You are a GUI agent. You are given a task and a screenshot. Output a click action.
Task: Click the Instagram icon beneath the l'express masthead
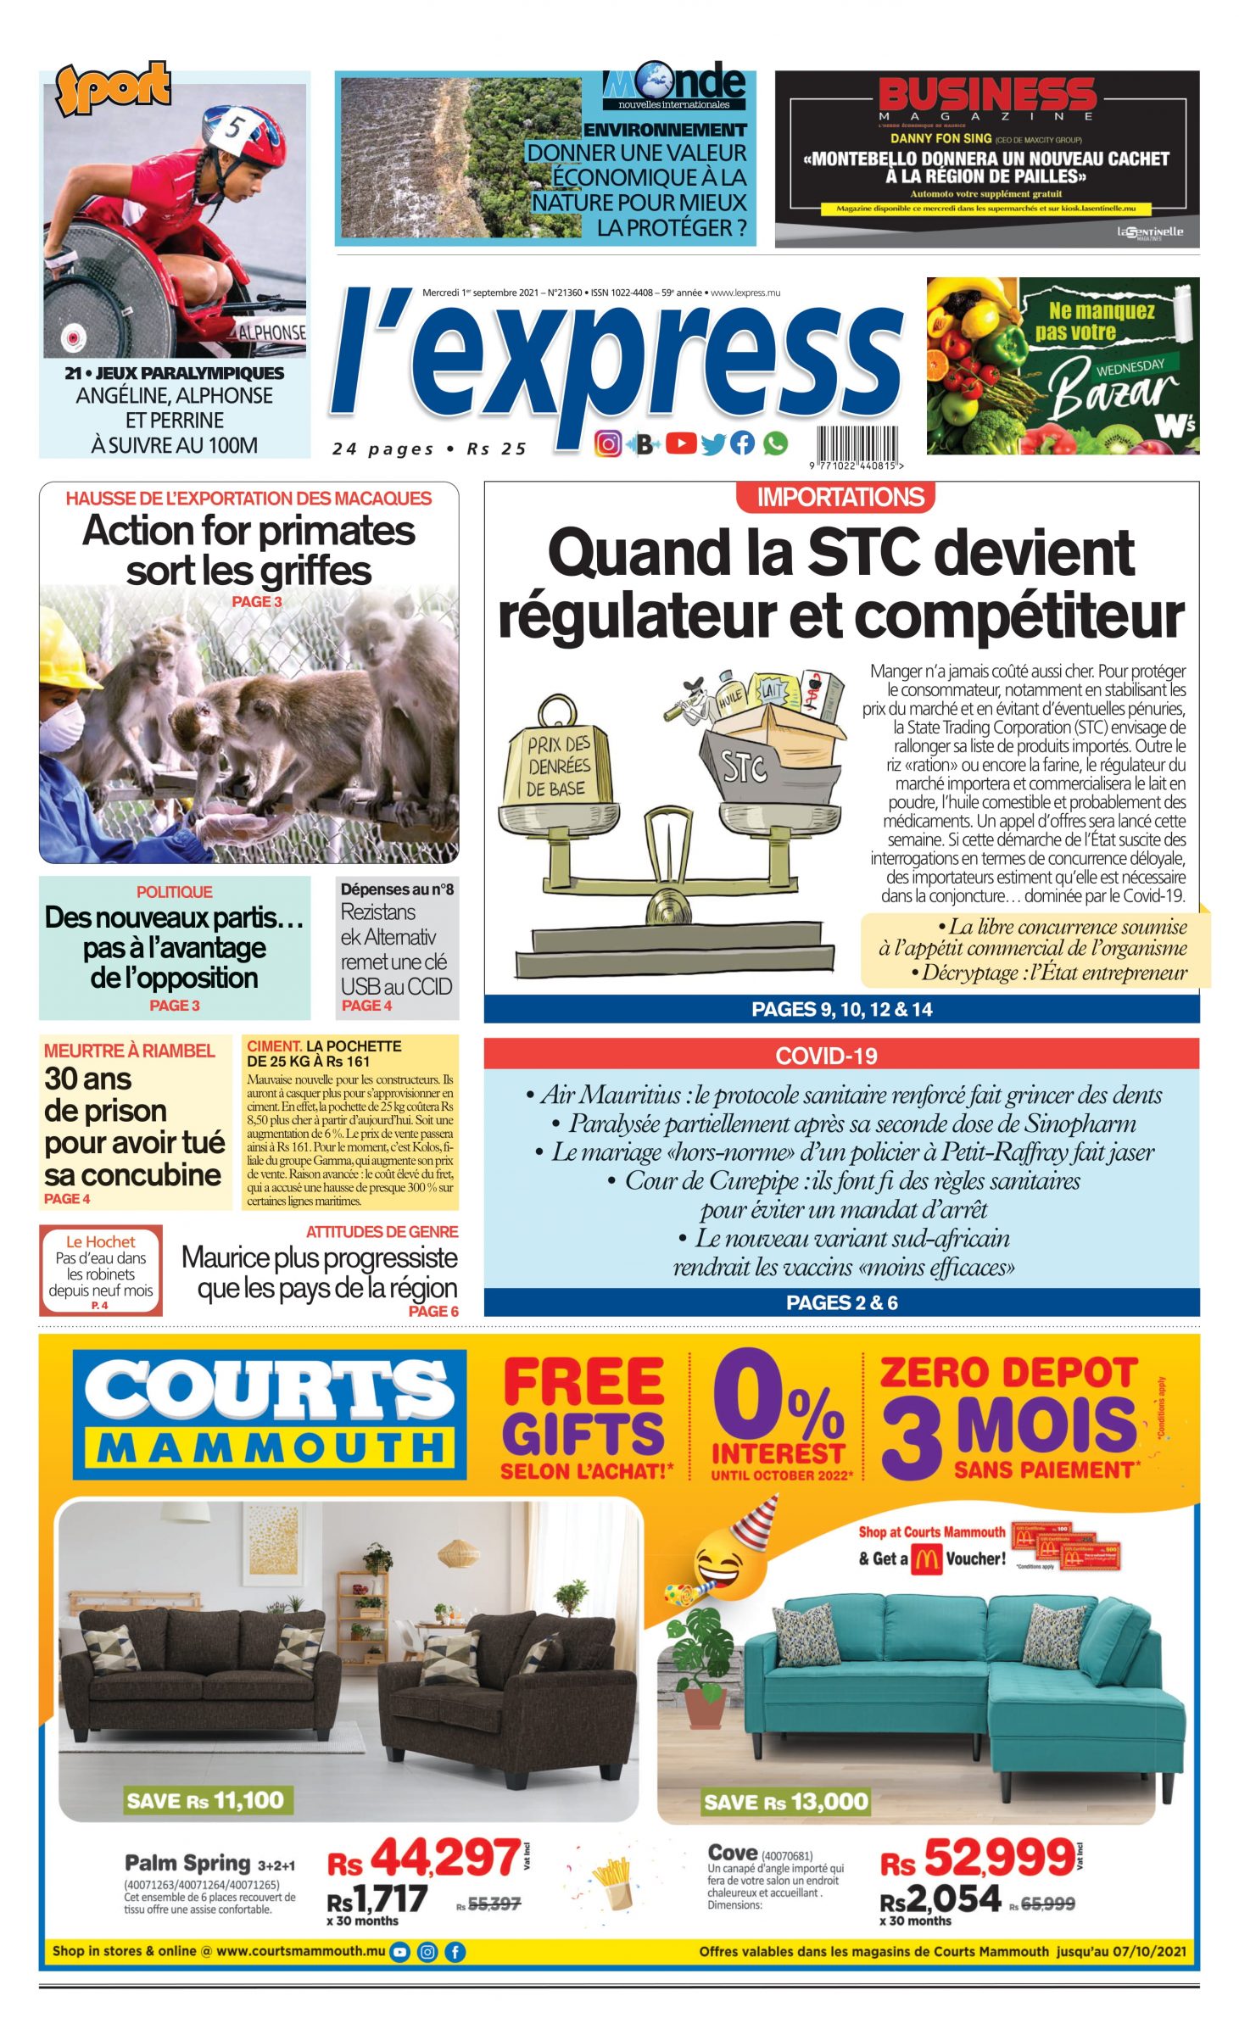coord(607,443)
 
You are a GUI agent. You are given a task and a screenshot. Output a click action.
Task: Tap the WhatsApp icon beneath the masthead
coord(775,443)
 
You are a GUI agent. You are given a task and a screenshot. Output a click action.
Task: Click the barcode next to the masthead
coord(857,443)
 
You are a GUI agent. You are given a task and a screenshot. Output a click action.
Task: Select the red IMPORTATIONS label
coord(839,497)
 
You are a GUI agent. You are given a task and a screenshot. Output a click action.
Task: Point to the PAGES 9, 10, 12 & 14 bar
coord(841,1009)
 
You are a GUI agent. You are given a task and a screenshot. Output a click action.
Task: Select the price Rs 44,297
coord(425,1859)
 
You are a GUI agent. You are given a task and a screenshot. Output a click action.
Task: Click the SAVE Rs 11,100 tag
coord(204,1800)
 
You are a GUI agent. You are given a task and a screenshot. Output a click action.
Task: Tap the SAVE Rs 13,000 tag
coord(785,1803)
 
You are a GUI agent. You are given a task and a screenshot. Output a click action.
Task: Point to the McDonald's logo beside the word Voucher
coord(926,1558)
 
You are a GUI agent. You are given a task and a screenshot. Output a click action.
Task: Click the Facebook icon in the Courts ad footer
coord(455,1951)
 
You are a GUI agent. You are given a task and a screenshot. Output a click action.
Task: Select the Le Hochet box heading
coord(101,1241)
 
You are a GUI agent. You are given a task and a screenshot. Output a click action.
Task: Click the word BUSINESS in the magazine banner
coord(987,95)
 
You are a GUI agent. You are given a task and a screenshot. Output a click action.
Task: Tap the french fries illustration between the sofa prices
coord(612,1882)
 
